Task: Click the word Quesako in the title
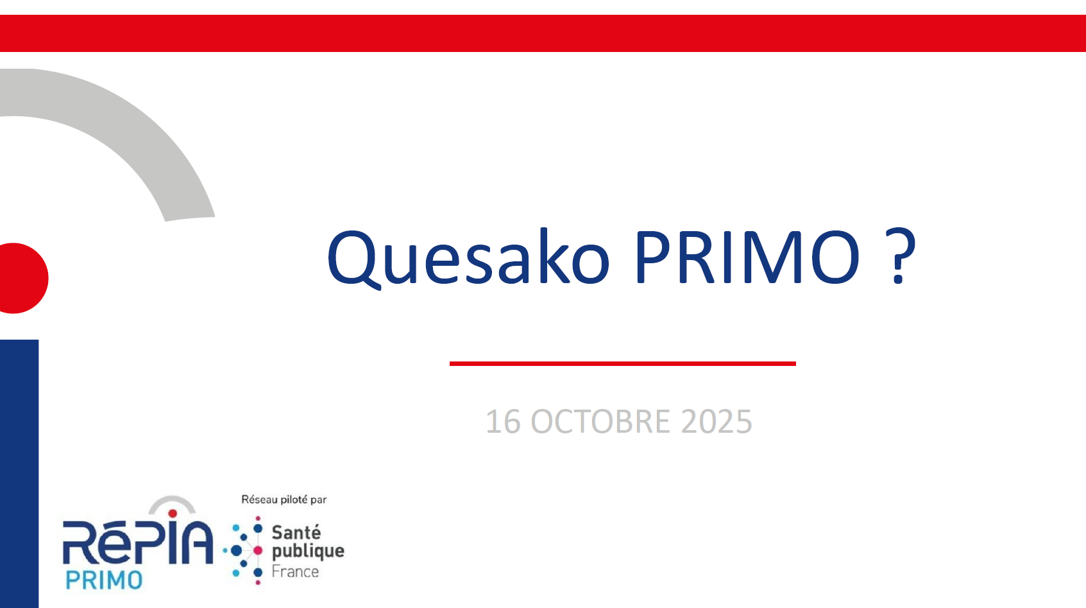click(468, 258)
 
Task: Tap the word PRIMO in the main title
click(747, 257)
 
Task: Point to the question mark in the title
click(899, 256)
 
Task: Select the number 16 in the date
click(504, 421)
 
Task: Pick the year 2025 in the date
click(717, 421)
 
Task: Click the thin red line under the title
click(622, 363)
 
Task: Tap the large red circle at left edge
click(22, 278)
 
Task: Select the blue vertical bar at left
click(19, 474)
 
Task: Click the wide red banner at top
click(543, 33)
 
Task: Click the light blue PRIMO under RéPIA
click(104, 580)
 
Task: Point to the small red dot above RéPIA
click(172, 514)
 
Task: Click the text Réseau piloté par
click(284, 499)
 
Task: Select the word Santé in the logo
click(296, 532)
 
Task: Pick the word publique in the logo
click(309, 552)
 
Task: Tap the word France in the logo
click(295, 571)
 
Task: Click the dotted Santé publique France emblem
click(243, 550)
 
